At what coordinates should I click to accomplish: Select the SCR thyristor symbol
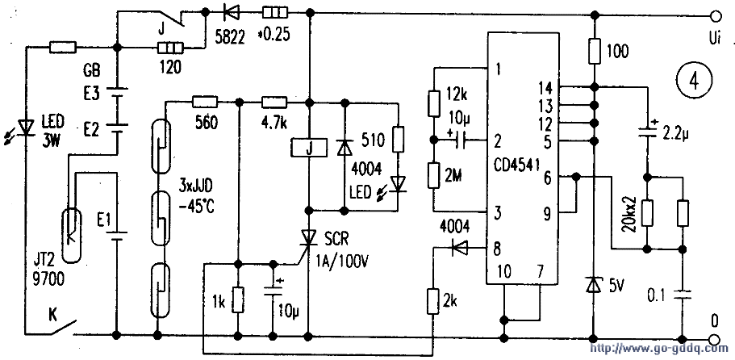coord(310,236)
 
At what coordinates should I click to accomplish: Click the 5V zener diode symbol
coord(595,284)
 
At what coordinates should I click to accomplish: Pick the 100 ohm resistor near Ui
coord(595,52)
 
